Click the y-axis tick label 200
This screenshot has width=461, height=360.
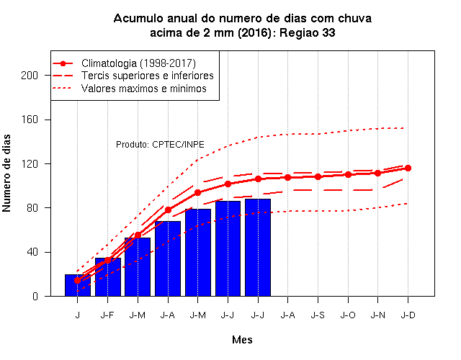[30, 76]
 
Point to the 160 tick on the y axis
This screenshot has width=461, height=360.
[30, 120]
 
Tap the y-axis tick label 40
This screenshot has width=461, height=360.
[32, 252]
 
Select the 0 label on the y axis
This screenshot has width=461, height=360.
[35, 296]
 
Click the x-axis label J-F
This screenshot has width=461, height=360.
[107, 315]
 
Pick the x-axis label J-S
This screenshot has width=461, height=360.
[318, 315]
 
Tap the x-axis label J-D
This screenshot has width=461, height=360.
[408, 315]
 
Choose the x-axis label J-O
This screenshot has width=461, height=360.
[348, 315]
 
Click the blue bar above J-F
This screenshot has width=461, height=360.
[108, 277]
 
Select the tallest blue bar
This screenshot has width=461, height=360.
[258, 248]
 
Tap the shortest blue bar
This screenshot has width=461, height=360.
[78, 285]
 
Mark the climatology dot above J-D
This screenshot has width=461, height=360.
[408, 168]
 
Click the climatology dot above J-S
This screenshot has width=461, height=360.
[318, 176]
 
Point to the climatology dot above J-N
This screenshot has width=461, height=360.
[377, 173]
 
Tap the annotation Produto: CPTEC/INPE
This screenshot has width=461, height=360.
[160, 145]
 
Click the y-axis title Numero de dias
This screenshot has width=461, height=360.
[6, 173]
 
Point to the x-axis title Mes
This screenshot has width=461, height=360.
[242, 340]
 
